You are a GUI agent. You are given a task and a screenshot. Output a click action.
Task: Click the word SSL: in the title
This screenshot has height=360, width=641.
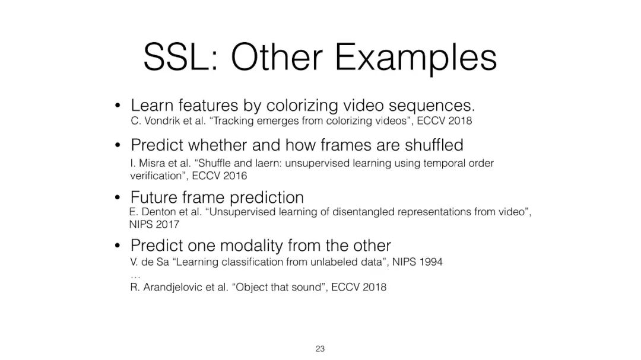(181, 58)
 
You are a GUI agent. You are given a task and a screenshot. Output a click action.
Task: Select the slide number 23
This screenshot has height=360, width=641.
(320, 349)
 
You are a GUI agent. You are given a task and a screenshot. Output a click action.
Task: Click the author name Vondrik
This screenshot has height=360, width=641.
(161, 121)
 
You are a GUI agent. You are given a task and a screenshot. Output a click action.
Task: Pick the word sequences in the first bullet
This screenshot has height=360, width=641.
(431, 106)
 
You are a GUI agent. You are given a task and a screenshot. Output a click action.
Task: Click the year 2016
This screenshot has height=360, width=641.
(234, 176)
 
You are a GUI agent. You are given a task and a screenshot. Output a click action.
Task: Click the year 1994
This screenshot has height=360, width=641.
(430, 262)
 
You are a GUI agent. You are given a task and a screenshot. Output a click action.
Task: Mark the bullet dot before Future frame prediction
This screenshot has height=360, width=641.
(118, 197)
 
